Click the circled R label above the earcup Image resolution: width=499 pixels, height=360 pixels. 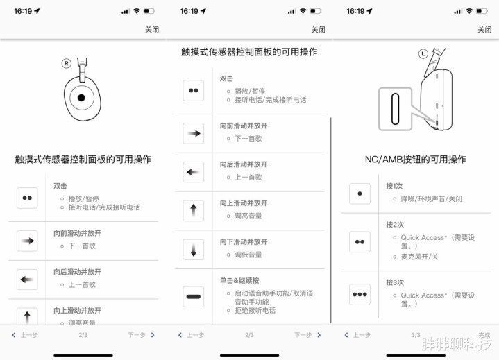tap(67, 63)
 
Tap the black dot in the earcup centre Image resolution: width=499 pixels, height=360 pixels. tap(82, 97)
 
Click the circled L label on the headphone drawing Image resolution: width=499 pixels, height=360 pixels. tap(423, 53)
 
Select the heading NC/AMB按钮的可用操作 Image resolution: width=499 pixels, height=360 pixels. tap(415, 160)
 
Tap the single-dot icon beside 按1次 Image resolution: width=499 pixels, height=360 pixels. tap(359, 194)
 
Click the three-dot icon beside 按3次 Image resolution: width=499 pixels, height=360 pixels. tap(359, 294)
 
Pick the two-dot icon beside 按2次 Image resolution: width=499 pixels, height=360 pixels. tap(359, 242)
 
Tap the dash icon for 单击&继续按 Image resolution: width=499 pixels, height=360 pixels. tap(193, 297)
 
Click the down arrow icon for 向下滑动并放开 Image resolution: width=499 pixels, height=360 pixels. tap(193, 250)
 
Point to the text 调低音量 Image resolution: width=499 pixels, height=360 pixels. tap(248, 255)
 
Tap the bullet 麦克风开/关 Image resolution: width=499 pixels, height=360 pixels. tap(418, 257)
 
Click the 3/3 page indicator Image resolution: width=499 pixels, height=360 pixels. tap(416, 335)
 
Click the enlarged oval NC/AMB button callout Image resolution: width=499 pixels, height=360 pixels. tap(396, 109)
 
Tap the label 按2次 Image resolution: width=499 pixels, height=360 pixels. tap(395, 225)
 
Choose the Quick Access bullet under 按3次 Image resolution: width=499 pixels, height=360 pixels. tap(437, 300)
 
